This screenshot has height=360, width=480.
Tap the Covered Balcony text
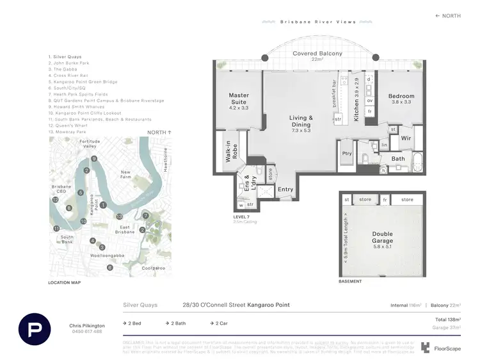[317, 54]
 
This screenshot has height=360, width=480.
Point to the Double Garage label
[383, 238]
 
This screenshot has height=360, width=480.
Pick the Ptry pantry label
[347, 153]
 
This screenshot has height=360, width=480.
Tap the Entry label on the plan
[285, 190]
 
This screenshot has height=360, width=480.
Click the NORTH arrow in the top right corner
[447, 16]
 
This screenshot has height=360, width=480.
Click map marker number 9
[93, 159]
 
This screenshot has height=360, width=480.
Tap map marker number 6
[110, 267]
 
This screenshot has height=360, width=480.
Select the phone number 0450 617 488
[86, 331]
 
